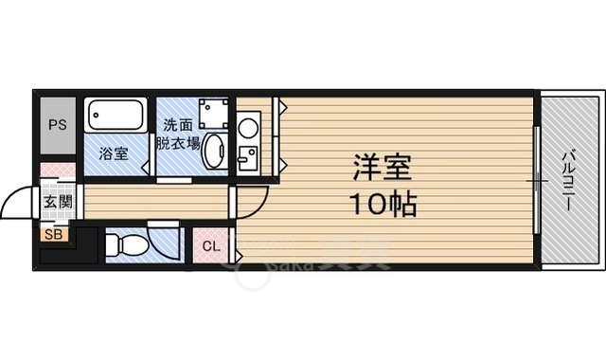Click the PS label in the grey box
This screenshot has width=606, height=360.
coord(58,124)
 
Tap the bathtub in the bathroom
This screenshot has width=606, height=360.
coord(116,117)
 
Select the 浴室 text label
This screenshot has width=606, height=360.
coord(116,154)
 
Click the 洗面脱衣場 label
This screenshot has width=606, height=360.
coord(179,134)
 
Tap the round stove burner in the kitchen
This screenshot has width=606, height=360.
coord(249,125)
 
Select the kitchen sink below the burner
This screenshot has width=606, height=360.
coord(250,157)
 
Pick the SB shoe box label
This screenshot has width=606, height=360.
coord(51,232)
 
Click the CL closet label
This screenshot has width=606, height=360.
coord(211,247)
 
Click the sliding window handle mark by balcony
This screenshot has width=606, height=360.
coord(537,180)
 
